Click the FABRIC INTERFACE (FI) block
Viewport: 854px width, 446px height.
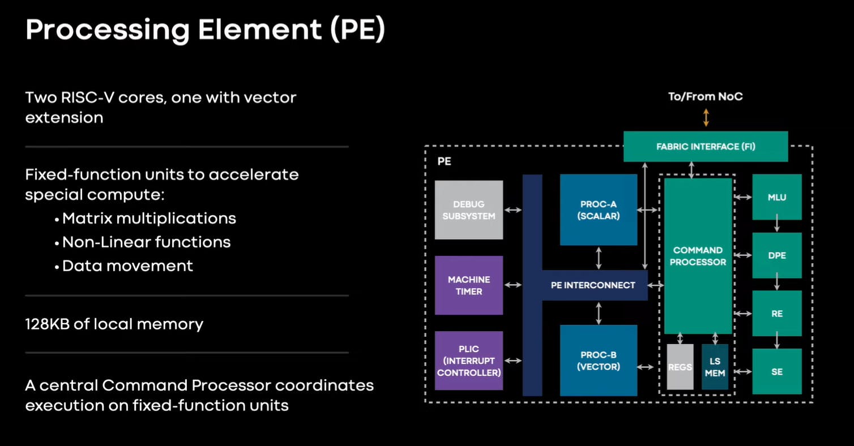pyautogui.click(x=705, y=147)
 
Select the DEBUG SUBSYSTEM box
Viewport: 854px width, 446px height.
pyautogui.click(x=468, y=210)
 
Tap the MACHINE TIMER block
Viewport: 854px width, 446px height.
pyautogui.click(x=468, y=285)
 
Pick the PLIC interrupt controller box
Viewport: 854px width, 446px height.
pyautogui.click(x=468, y=361)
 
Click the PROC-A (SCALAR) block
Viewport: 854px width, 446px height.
pyautogui.click(x=598, y=210)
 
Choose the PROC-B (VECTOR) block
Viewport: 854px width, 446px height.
pyautogui.click(x=598, y=361)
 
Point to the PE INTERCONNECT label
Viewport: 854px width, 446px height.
pyautogui.click(x=592, y=285)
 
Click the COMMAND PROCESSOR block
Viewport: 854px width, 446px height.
pyautogui.click(x=698, y=256)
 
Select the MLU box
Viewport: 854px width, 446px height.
pyautogui.click(x=776, y=197)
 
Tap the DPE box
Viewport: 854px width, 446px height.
pyautogui.click(x=776, y=255)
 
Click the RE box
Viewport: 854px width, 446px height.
pyautogui.click(x=776, y=313)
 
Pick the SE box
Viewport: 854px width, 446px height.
pyautogui.click(x=776, y=371)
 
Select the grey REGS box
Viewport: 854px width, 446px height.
pyautogui.click(x=680, y=367)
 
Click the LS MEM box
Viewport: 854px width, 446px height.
pyautogui.click(x=714, y=367)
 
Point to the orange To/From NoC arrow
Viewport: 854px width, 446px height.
pyautogui.click(x=706, y=118)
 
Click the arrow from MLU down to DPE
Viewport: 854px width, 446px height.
pyautogui.click(x=776, y=226)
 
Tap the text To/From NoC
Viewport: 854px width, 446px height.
pyautogui.click(x=705, y=96)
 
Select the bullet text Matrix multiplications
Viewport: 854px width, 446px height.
pyautogui.click(x=149, y=218)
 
